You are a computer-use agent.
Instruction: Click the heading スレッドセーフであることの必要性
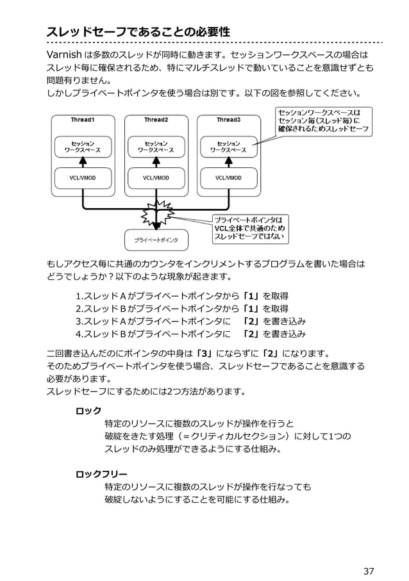[x=138, y=31]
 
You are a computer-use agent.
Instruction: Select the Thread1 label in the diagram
[x=83, y=120]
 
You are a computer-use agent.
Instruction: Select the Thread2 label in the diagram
[x=156, y=120]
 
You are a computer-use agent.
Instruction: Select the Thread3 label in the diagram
[x=228, y=120]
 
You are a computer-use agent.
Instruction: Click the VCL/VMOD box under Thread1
[x=83, y=177]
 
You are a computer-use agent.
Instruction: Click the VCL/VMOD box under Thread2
[x=156, y=177]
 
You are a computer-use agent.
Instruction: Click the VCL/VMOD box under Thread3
[x=229, y=177]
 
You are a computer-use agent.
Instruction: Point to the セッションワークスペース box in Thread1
[x=83, y=147]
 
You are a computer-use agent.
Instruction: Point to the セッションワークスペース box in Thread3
[x=229, y=147]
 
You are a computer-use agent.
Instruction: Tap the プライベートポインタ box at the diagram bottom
[x=156, y=240]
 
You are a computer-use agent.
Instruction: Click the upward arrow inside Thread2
[x=156, y=163]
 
